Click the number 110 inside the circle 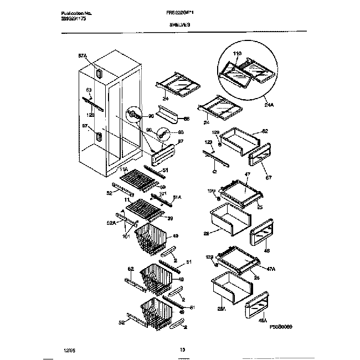pyautogui.click(x=238, y=53)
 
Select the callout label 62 pyautogui.click(x=265, y=131)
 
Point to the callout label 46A pyautogui.click(x=262, y=320)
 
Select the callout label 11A pyautogui.click(x=124, y=169)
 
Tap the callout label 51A pyautogui.click(x=178, y=197)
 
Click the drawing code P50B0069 pyautogui.click(x=280, y=328)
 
